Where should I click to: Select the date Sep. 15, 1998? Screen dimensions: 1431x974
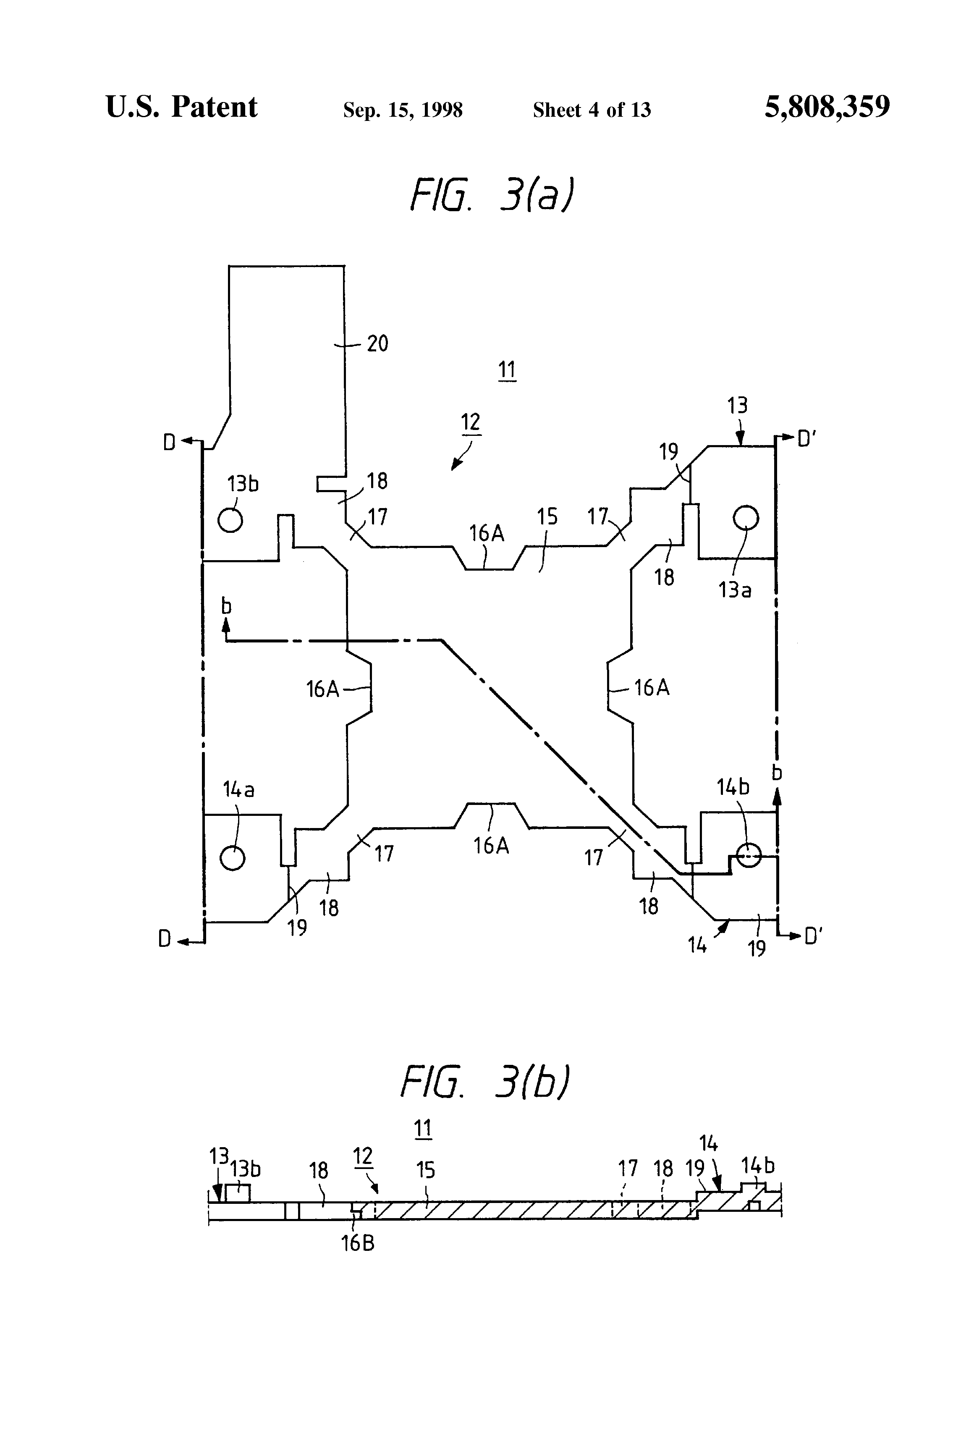tap(403, 110)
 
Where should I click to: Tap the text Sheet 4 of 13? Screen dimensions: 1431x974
tap(591, 110)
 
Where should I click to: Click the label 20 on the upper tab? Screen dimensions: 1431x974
tap(377, 343)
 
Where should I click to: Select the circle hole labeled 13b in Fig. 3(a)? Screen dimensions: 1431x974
tap(230, 520)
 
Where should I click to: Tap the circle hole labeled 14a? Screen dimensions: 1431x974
tap(233, 858)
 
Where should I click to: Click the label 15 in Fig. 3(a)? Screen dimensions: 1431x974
tap(547, 516)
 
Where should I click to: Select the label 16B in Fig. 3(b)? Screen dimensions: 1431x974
tap(358, 1244)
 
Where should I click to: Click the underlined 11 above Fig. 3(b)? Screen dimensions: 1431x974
tap(422, 1129)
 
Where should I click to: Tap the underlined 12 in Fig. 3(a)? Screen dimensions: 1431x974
tap(470, 422)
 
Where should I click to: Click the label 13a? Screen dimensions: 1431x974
tap(735, 590)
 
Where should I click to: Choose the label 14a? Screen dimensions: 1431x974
tap(238, 789)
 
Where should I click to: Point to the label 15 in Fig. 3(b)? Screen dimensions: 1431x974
tap(425, 1170)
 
